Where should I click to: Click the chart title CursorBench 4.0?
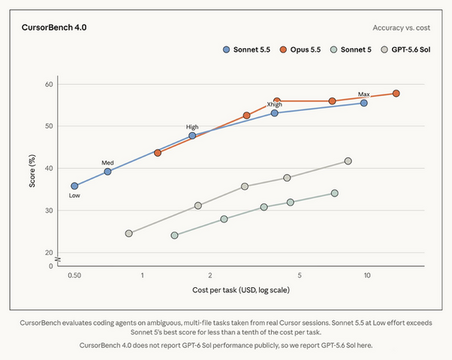pyautogui.click(x=54, y=27)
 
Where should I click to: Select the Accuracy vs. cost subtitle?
pyautogui.click(x=401, y=28)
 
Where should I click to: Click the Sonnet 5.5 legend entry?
pyautogui.click(x=246, y=49)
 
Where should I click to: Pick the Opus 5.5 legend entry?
pyautogui.click(x=300, y=49)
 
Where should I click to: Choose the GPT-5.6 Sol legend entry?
pyautogui.click(x=405, y=49)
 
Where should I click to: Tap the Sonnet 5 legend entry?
pyautogui.click(x=351, y=49)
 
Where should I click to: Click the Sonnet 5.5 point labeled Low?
pyautogui.click(x=74, y=186)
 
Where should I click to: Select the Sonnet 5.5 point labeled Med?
pyautogui.click(x=107, y=172)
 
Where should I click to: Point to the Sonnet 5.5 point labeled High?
pyautogui.click(x=192, y=136)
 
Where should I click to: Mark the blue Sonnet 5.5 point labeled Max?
pyautogui.click(x=364, y=103)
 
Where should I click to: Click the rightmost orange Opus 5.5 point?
pyautogui.click(x=396, y=93)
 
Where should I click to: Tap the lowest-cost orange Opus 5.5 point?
pyautogui.click(x=158, y=153)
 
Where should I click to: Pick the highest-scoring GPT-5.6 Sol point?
pyautogui.click(x=348, y=161)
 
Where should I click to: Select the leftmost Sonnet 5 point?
pyautogui.click(x=174, y=235)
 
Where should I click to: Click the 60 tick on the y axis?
pyautogui.click(x=49, y=85)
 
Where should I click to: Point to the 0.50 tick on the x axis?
pyautogui.click(x=74, y=275)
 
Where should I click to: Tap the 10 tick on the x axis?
pyautogui.click(x=367, y=275)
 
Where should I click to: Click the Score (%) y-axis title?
pyautogui.click(x=32, y=171)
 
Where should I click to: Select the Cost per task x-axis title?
pyautogui.click(x=241, y=289)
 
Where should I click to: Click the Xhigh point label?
pyautogui.click(x=275, y=104)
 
